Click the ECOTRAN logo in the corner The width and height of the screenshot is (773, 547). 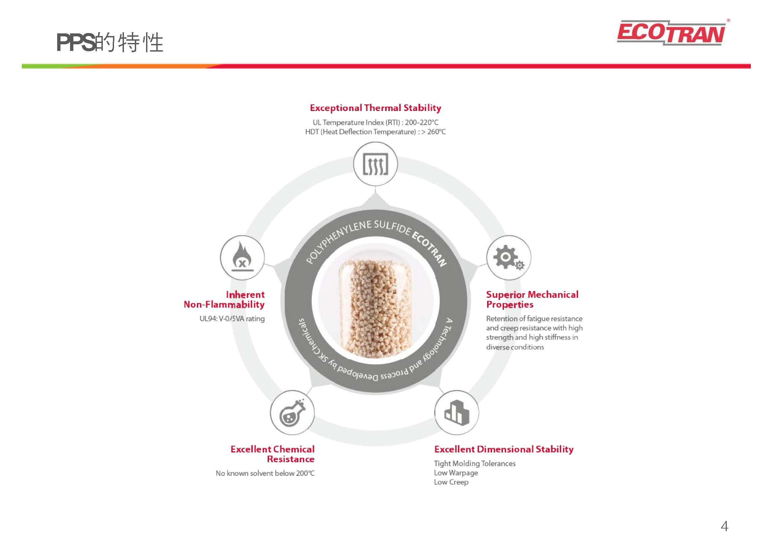(671, 33)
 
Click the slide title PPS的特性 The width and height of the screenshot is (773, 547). (110, 43)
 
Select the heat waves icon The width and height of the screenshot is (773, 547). (375, 164)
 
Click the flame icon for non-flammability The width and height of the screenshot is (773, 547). (242, 257)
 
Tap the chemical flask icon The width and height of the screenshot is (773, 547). (292, 412)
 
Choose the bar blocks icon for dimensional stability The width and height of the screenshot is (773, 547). (456, 412)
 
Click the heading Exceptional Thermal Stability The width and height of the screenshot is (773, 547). (375, 108)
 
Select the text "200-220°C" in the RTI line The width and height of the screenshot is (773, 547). (422, 122)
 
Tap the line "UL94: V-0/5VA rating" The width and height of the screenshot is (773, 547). (232, 319)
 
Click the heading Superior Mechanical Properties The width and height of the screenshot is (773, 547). (532, 299)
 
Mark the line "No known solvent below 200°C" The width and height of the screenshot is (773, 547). (265, 473)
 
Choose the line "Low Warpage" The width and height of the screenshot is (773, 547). (456, 473)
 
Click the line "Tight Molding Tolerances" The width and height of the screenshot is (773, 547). (475, 463)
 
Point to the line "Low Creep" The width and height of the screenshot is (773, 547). (451, 482)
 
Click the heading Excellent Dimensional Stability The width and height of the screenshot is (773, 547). (504, 449)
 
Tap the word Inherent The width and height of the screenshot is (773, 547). (245, 295)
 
